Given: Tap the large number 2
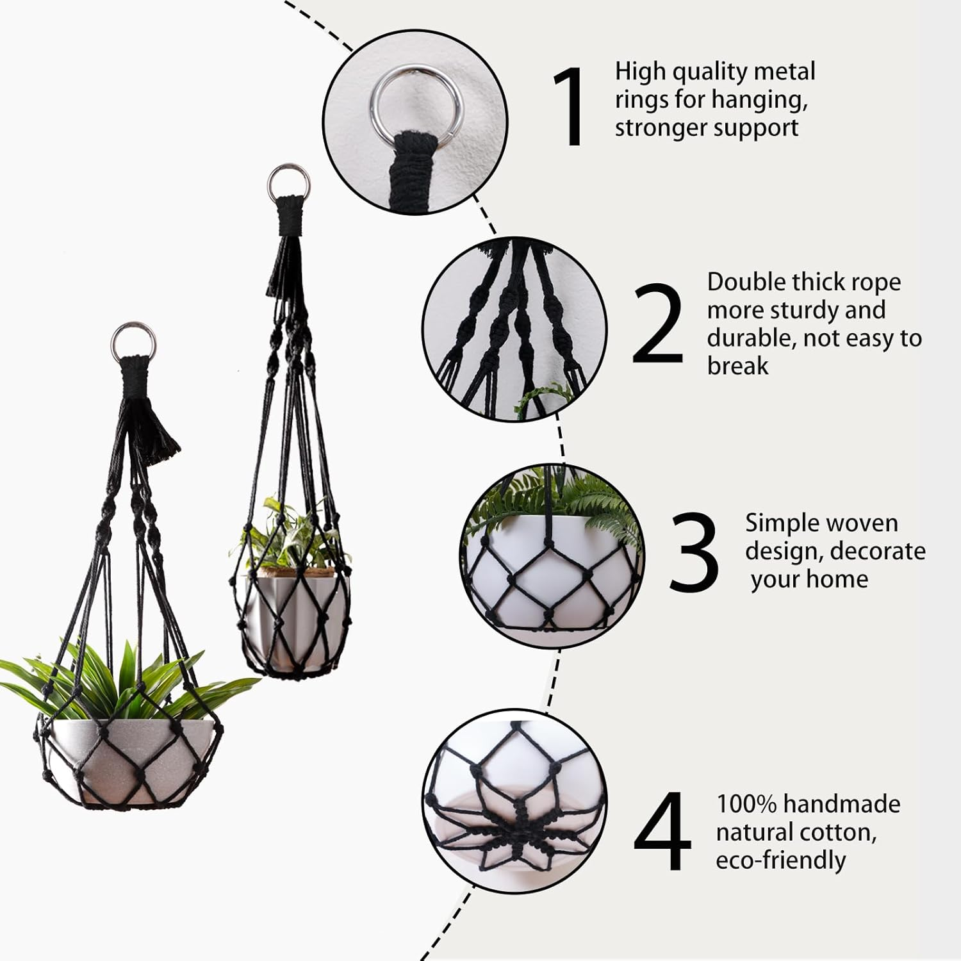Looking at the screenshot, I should pyautogui.click(x=658, y=323).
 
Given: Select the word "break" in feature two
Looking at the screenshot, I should pyautogui.click(x=737, y=366).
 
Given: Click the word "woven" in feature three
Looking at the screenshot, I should pyautogui.click(x=862, y=523).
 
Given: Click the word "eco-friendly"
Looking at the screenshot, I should pyautogui.click(x=780, y=860).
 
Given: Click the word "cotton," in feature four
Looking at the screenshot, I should pyautogui.click(x=837, y=832).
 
